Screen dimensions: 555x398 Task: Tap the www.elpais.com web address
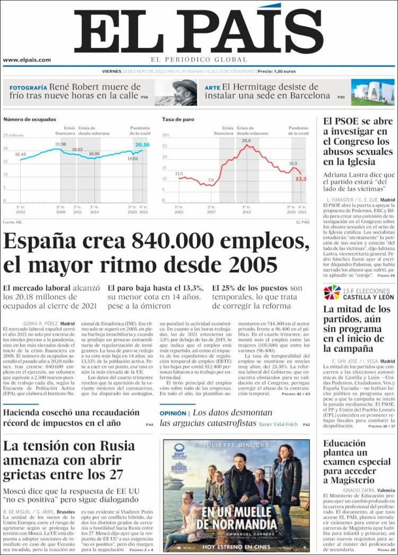coord(27,60)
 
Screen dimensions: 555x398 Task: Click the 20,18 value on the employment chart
coord(142,145)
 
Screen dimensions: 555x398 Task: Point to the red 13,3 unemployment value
coord(301,179)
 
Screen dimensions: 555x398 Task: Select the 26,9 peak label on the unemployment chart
coord(246,140)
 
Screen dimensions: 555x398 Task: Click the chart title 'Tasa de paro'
coord(178,120)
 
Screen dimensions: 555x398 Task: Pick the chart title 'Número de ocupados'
coord(30,120)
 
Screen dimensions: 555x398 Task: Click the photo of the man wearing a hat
coord(175,93)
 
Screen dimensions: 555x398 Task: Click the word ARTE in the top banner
coord(212,87)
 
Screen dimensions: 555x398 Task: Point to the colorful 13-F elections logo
coord(332,292)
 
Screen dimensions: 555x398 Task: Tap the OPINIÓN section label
coord(173,413)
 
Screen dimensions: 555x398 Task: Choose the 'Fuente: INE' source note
coord(13,222)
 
